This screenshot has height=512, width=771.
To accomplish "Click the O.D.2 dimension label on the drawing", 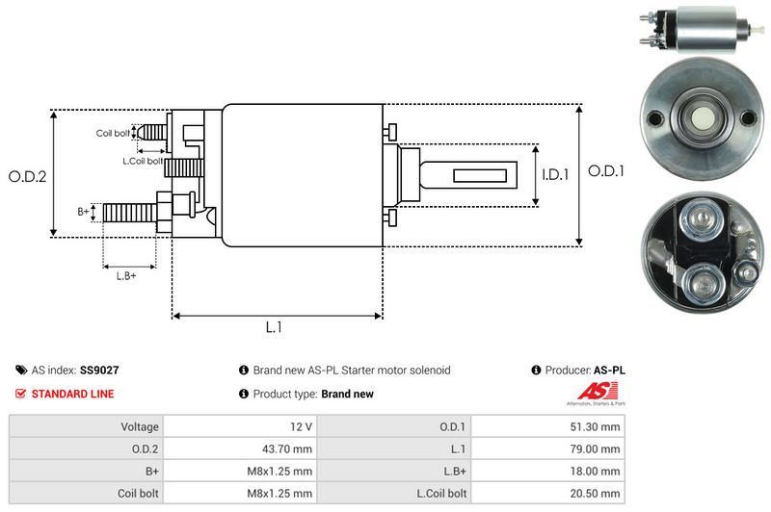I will point(27,176).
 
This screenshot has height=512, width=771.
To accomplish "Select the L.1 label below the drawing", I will point(274,327).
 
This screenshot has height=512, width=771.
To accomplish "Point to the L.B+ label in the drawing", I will point(127,276).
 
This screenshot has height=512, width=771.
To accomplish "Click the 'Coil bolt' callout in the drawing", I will point(113,133).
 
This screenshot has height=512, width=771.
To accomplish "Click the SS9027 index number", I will point(99,370).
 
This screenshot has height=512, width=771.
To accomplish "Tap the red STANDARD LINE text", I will point(72,394).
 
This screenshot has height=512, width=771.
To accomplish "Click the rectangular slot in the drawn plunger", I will point(479,175).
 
